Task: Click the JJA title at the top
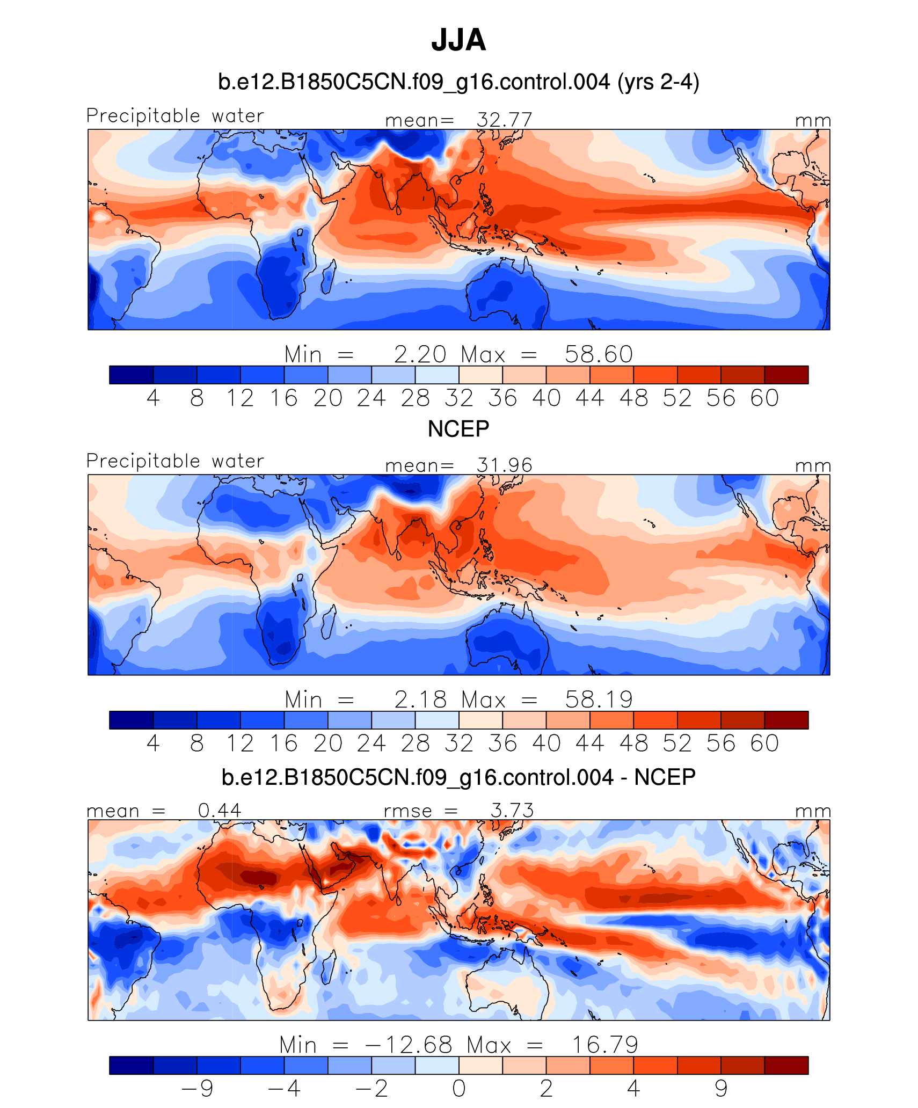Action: [458, 40]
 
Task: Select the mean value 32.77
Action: [504, 120]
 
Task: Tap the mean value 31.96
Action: [504, 465]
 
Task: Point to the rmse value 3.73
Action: [512, 810]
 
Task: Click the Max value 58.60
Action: [599, 354]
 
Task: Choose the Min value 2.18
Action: [420, 699]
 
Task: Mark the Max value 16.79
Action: [604, 1045]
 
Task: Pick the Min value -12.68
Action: [409, 1045]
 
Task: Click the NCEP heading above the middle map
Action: [458, 429]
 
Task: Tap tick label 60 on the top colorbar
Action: [764, 398]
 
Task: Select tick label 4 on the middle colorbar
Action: [153, 743]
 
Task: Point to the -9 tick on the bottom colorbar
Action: [198, 1088]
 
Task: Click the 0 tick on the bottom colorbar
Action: [459, 1088]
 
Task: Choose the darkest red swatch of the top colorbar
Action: [786, 375]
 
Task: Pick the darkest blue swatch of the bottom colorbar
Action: [131, 1065]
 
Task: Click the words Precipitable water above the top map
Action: [175, 115]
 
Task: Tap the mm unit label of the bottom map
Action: [813, 811]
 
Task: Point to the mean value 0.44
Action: [220, 810]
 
